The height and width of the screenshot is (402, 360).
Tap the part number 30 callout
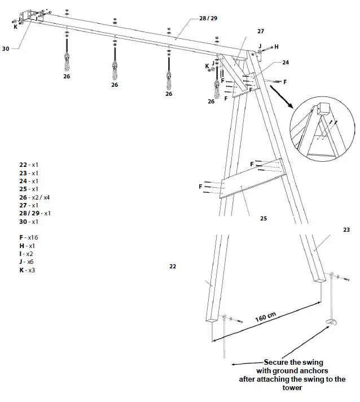[x=6, y=49]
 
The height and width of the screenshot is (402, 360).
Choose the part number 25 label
[x=264, y=218]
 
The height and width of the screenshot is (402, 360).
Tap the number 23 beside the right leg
[x=346, y=229]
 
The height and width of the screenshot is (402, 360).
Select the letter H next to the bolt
[x=276, y=46]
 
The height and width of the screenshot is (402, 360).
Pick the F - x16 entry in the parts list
[x=28, y=238]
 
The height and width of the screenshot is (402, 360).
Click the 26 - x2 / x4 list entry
[x=34, y=197]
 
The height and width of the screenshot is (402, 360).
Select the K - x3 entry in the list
[x=27, y=271]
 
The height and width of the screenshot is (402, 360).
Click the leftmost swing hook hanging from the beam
[x=67, y=59]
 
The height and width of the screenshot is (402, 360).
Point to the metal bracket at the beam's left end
[x=28, y=16]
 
